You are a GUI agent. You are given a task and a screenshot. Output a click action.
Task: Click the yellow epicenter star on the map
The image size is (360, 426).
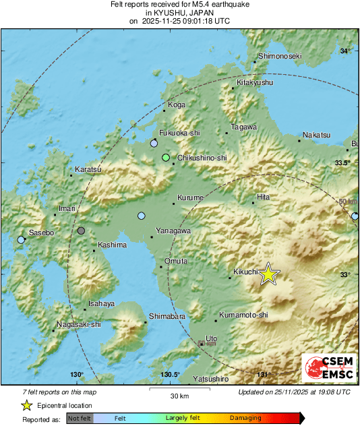tap(268, 274)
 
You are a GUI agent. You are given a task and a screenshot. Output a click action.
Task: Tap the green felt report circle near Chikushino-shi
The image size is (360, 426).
tap(166, 158)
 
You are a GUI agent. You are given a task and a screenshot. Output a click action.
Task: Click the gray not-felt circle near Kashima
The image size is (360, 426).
tap(82, 231)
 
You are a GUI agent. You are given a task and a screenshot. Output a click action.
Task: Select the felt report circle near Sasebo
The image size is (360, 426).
tap(21, 239)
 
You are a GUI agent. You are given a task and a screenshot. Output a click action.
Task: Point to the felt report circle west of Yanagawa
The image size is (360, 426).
tap(141, 216)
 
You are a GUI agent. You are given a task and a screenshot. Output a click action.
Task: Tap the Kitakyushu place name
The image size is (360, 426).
tap(255, 82)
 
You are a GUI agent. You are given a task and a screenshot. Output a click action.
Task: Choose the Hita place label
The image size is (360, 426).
tap(263, 197)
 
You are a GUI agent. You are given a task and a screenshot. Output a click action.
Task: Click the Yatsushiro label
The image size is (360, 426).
tap(211, 379)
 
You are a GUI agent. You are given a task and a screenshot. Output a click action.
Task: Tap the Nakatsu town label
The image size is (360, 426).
tap(316, 135)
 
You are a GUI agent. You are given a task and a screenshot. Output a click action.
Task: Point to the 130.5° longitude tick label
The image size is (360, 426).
tap(170, 375)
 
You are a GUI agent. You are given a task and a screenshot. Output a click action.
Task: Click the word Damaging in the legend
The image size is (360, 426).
tap(245, 418)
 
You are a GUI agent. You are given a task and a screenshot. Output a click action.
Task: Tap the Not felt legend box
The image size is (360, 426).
tap(80, 418)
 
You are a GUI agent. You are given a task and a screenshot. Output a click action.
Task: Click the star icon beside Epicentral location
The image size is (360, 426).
tap(27, 405)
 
